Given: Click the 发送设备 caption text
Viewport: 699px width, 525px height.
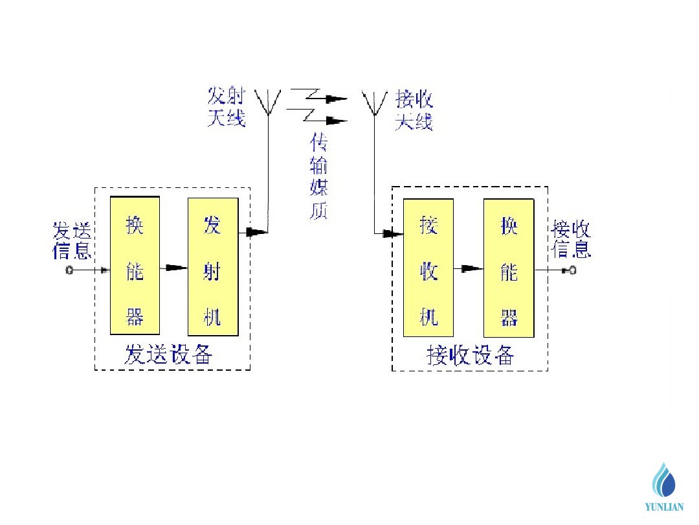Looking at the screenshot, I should pyautogui.click(x=169, y=355).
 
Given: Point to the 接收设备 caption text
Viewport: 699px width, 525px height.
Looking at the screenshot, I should pyautogui.click(x=471, y=355).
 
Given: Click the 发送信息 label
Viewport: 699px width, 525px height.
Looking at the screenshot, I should pyautogui.click(x=72, y=240).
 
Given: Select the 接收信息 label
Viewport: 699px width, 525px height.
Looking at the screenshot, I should pyautogui.click(x=571, y=239).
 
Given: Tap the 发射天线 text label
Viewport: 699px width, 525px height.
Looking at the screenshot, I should pyautogui.click(x=227, y=108).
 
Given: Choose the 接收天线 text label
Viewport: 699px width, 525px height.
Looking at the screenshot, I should pyautogui.click(x=414, y=110).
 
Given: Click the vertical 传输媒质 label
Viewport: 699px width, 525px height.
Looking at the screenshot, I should pyautogui.click(x=318, y=176).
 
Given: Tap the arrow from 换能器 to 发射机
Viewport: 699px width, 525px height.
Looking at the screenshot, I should pyautogui.click(x=173, y=268).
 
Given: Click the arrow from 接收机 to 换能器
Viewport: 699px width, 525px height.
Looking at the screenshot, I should pyautogui.click(x=469, y=268).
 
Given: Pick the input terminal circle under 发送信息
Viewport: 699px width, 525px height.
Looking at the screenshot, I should pyautogui.click(x=69, y=270).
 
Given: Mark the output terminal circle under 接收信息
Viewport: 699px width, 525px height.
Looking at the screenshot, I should pyautogui.click(x=572, y=270).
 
